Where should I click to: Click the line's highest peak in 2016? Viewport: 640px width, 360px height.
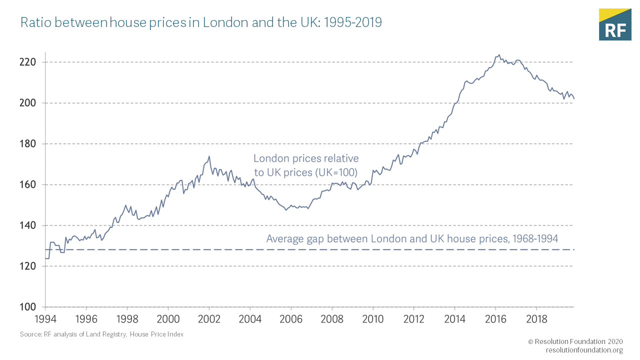pos(498,55)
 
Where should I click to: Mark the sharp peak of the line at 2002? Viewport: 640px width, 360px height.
pos(209,156)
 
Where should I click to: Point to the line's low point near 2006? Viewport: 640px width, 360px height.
pos(286,209)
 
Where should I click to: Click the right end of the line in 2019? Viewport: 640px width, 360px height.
pos(574,98)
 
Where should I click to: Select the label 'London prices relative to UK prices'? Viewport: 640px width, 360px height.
pos(306,165)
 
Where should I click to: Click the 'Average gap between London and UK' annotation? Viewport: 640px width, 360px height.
pos(412,238)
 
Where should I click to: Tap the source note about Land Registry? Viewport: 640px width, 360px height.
pos(101,334)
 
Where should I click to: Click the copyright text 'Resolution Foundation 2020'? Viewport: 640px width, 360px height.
pos(575,341)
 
